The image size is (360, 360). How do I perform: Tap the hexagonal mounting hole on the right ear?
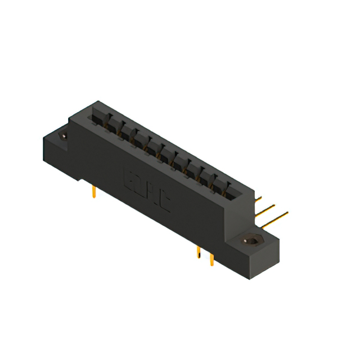coord(251,241)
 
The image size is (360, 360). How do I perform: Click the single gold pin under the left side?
coord(94,192)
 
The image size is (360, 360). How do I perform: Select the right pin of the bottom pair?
coord(211,259)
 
